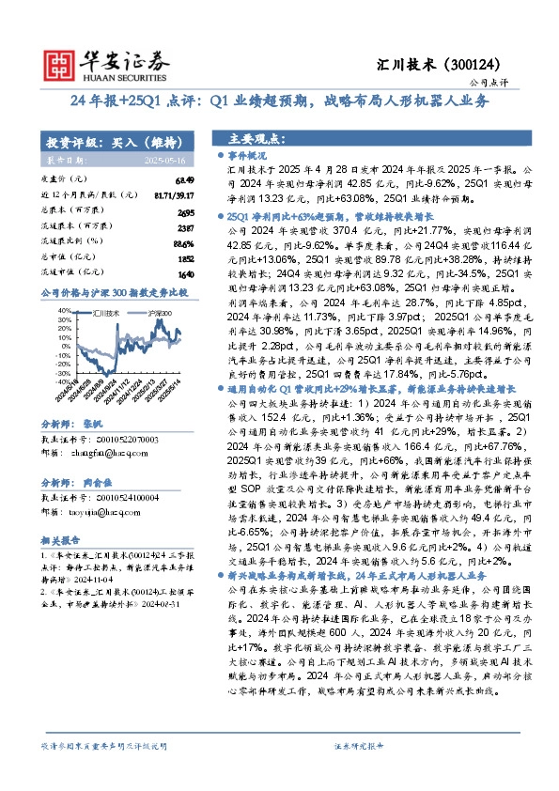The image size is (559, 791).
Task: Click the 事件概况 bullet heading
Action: point(248,153)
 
